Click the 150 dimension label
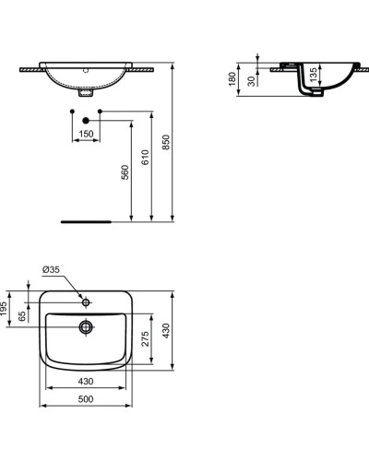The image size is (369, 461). pyautogui.click(x=85, y=135)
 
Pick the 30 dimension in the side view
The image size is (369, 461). pyautogui.click(x=254, y=80)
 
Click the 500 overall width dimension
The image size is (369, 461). pyautogui.click(x=86, y=400)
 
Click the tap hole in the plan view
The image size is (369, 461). pyautogui.click(x=86, y=301)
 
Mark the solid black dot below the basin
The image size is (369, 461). pyautogui.click(x=86, y=120)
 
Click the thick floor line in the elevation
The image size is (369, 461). pyautogui.click(x=86, y=221)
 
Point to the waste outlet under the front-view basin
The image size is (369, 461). pyautogui.click(x=87, y=93)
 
